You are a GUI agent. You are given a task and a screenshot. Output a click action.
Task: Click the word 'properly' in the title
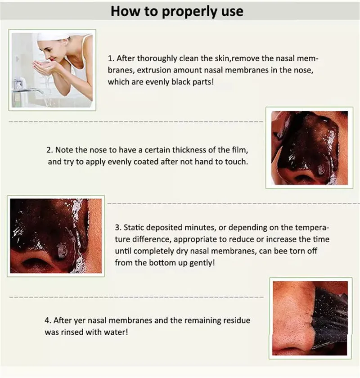pyautogui.click(x=189, y=12)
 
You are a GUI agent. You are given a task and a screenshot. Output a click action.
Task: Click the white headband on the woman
pyautogui.click(x=52, y=36)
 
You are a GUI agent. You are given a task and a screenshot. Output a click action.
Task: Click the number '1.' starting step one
pyautogui.click(x=111, y=58)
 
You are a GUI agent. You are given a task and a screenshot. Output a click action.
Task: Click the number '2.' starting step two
pyautogui.click(x=49, y=150)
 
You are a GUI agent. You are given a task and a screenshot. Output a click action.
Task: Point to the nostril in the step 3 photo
pyautogui.click(x=35, y=263)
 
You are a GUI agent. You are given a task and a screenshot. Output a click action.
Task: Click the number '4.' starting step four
pyautogui.click(x=48, y=320)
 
